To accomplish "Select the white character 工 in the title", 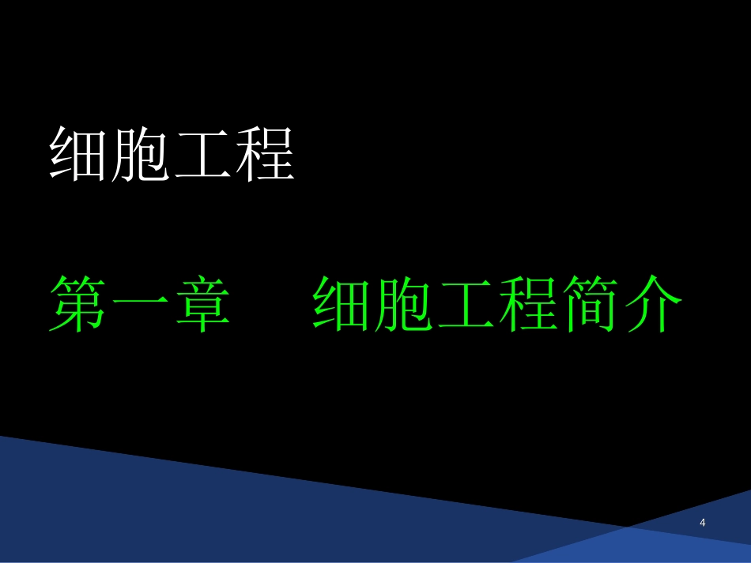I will [202, 154].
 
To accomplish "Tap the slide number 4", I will [703, 523].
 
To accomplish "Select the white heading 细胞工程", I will [172, 154].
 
